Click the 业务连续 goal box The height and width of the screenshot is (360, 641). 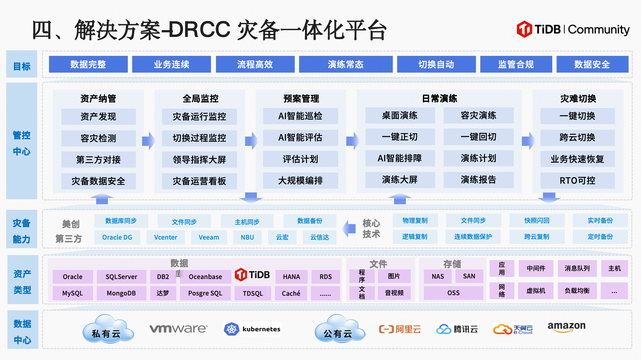[x=171, y=64]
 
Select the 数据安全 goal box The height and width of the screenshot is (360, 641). [x=592, y=64]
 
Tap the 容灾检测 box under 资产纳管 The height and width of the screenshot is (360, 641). [x=98, y=138]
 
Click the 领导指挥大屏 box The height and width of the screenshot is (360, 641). [x=199, y=160]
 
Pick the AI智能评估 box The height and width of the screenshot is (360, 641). [x=300, y=137]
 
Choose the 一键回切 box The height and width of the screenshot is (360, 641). [x=478, y=137]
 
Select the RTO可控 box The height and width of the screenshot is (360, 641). [x=577, y=180]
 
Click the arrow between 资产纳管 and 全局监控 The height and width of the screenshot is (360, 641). [x=149, y=141]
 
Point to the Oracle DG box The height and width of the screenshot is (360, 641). [x=117, y=237]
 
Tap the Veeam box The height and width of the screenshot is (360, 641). [x=209, y=237]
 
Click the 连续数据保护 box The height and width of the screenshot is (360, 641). [x=473, y=237]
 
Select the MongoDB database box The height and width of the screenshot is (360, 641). [x=121, y=293]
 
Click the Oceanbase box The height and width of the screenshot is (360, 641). [x=205, y=277]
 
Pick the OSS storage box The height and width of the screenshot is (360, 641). [x=453, y=293]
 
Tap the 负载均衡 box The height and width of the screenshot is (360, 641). [x=577, y=291]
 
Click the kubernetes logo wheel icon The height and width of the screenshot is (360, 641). [x=231, y=329]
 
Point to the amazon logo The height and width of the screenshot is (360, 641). [x=566, y=327]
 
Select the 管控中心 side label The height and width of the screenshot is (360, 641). [x=22, y=143]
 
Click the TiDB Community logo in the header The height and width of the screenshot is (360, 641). [x=573, y=29]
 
